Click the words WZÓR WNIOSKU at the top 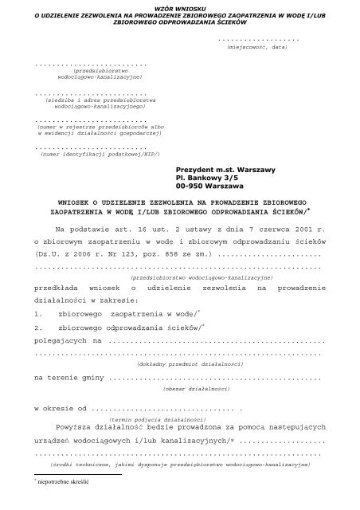(x=179, y=5)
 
